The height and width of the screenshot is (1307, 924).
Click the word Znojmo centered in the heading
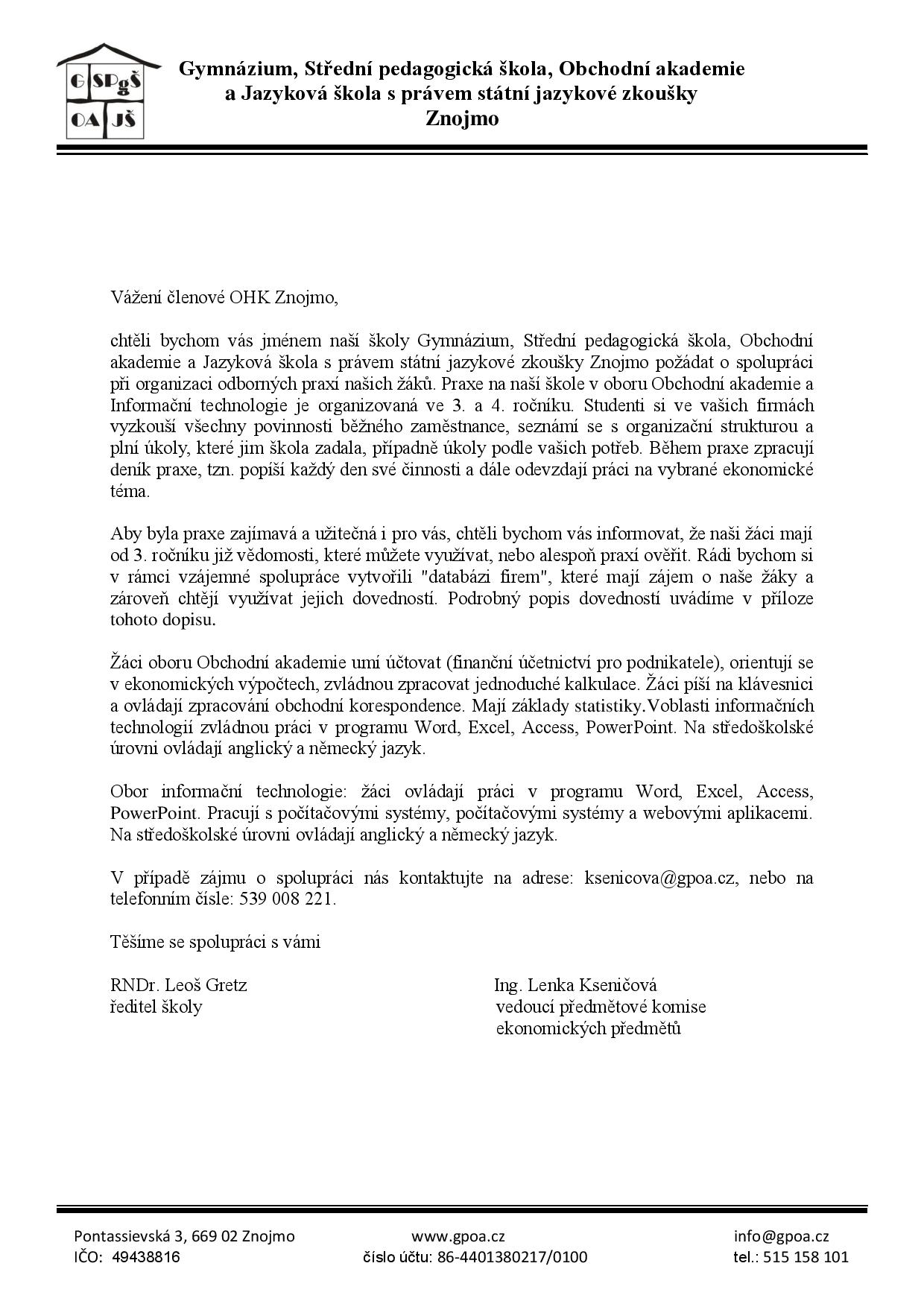[462, 118]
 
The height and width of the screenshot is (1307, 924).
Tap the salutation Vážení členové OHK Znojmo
[224, 298]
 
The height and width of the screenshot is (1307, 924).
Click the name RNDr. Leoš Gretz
[179, 985]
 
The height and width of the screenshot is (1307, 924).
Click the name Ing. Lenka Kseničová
[575, 985]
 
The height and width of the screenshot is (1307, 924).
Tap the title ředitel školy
[156, 1007]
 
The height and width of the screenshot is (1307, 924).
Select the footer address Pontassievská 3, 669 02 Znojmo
[184, 1236]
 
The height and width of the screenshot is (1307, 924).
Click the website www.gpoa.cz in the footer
[458, 1236]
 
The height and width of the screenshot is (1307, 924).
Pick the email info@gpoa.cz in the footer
[781, 1236]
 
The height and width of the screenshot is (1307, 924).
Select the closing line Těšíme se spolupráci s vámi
[215, 942]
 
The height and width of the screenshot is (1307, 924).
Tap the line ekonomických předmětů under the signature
[589, 1029]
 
